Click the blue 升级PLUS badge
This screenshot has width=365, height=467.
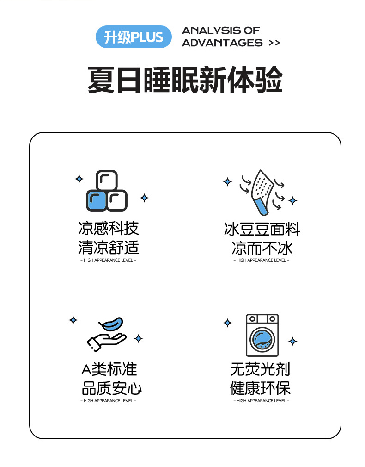pyautogui.click(x=134, y=37)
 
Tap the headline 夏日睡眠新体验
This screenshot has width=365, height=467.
pyautogui.click(x=185, y=80)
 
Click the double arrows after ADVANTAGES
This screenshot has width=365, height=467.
pyautogui.click(x=274, y=43)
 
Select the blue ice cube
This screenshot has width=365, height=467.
pyautogui.click(x=96, y=200)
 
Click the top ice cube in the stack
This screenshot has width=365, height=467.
pyautogui.click(x=107, y=181)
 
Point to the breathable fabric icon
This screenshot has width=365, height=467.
pyautogui.click(x=262, y=192)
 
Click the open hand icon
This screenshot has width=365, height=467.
pyautogui.click(x=106, y=341)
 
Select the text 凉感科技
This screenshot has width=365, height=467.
pyautogui.click(x=109, y=229)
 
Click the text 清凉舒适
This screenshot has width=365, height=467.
pyautogui.click(x=109, y=247)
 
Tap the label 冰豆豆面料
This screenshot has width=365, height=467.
pyautogui.click(x=262, y=229)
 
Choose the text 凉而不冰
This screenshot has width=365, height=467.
pyautogui.click(x=262, y=248)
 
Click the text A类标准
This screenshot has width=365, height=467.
pyautogui.click(x=109, y=369)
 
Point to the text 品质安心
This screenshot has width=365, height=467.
pyautogui.click(x=111, y=388)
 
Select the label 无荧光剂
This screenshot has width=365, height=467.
pyautogui.click(x=260, y=369)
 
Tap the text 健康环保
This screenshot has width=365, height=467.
pyautogui.click(x=260, y=388)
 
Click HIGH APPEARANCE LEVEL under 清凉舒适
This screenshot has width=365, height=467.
pyautogui.click(x=108, y=260)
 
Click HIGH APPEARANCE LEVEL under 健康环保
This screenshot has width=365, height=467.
pyautogui.click(x=261, y=401)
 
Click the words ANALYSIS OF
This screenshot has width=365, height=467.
pyautogui.click(x=221, y=31)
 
